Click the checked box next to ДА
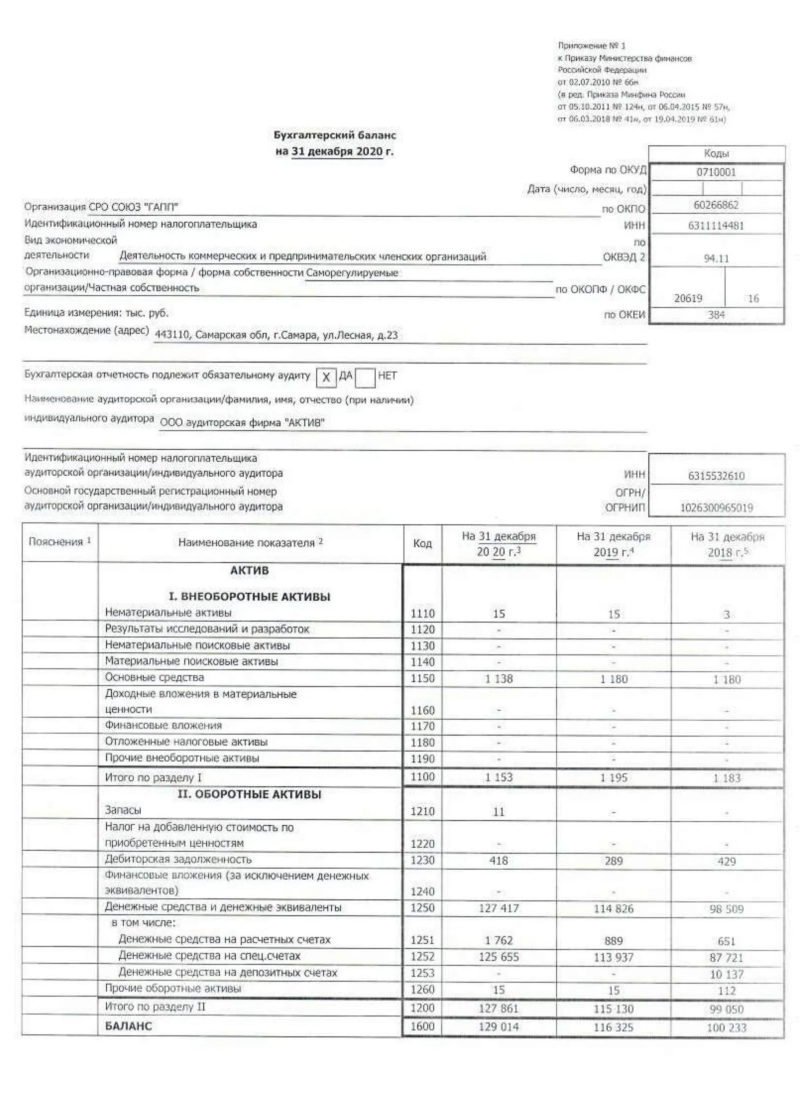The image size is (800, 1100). (x=326, y=377)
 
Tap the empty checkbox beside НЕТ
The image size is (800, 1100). (x=365, y=377)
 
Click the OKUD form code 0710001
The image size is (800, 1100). (x=716, y=172)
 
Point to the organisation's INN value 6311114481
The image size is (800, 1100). (x=716, y=225)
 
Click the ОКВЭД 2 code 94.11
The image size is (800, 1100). (x=716, y=258)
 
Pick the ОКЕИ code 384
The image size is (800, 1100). (x=716, y=315)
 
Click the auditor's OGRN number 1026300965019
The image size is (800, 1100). (x=716, y=508)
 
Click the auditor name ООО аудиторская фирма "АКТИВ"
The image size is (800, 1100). (x=242, y=422)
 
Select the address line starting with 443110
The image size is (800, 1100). (x=276, y=335)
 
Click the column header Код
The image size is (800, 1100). (x=422, y=544)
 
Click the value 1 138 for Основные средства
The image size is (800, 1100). (x=498, y=679)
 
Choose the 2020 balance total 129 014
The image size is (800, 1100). (x=498, y=1027)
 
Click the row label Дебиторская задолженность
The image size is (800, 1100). (x=178, y=859)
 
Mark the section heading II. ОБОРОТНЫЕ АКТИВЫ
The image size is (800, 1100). (x=249, y=795)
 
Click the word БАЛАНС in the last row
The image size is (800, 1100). (x=128, y=1026)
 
